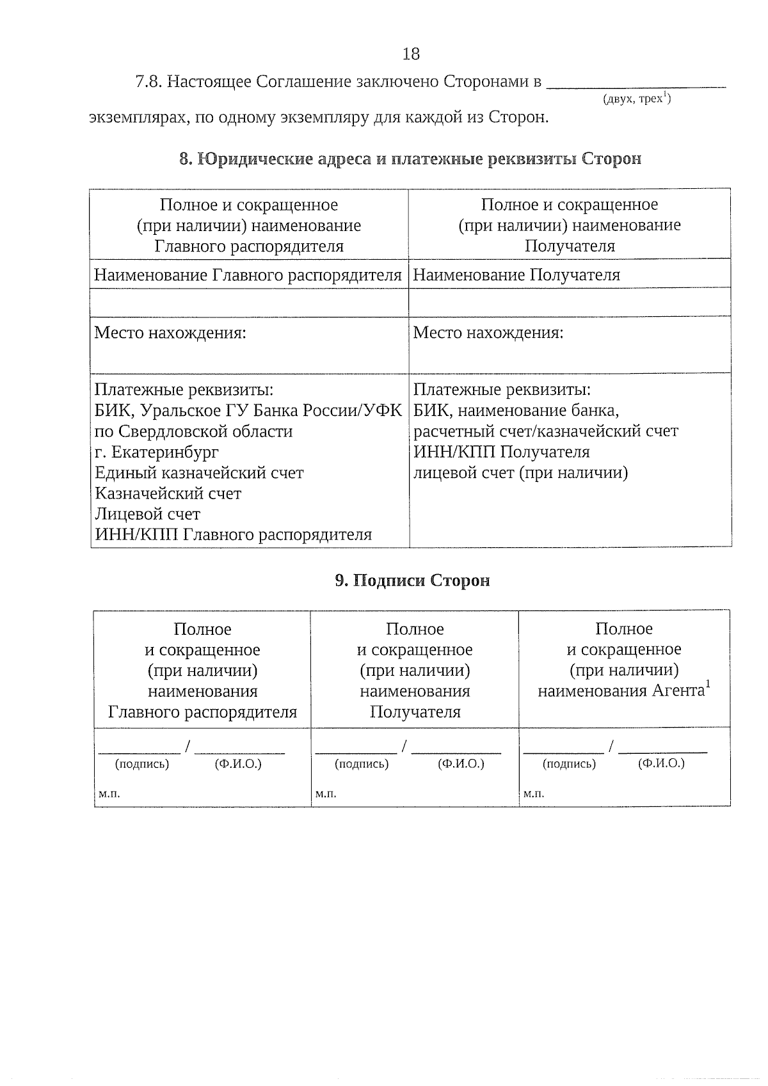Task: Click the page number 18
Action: pyautogui.click(x=411, y=54)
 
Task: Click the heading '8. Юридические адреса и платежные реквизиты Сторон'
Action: pyautogui.click(x=410, y=159)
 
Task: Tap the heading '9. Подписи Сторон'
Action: pyautogui.click(x=413, y=580)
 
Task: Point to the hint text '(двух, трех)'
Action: pyautogui.click(x=636, y=99)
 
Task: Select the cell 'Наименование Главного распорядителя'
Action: pyautogui.click(x=248, y=275)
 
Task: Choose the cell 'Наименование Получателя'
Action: pyautogui.click(x=516, y=275)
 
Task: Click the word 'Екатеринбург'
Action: pyautogui.click(x=165, y=452)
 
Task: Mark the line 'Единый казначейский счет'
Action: pyautogui.click(x=199, y=473)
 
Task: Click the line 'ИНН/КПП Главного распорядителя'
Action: pyautogui.click(x=233, y=535)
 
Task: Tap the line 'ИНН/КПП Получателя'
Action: pyautogui.click(x=501, y=452)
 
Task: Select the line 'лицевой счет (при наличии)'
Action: pyautogui.click(x=520, y=473)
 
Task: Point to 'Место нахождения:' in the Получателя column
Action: pyautogui.click(x=488, y=333)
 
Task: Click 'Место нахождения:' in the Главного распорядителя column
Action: pyautogui.click(x=170, y=333)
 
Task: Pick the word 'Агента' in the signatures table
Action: pyautogui.click(x=678, y=691)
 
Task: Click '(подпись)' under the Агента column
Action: pyautogui.click(x=569, y=764)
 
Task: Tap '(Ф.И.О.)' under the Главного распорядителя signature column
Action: pyautogui.click(x=239, y=764)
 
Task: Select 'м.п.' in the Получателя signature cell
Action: pyautogui.click(x=326, y=794)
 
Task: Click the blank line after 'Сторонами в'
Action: pyautogui.click(x=637, y=83)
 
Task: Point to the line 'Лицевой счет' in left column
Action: pyautogui.click(x=147, y=515)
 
